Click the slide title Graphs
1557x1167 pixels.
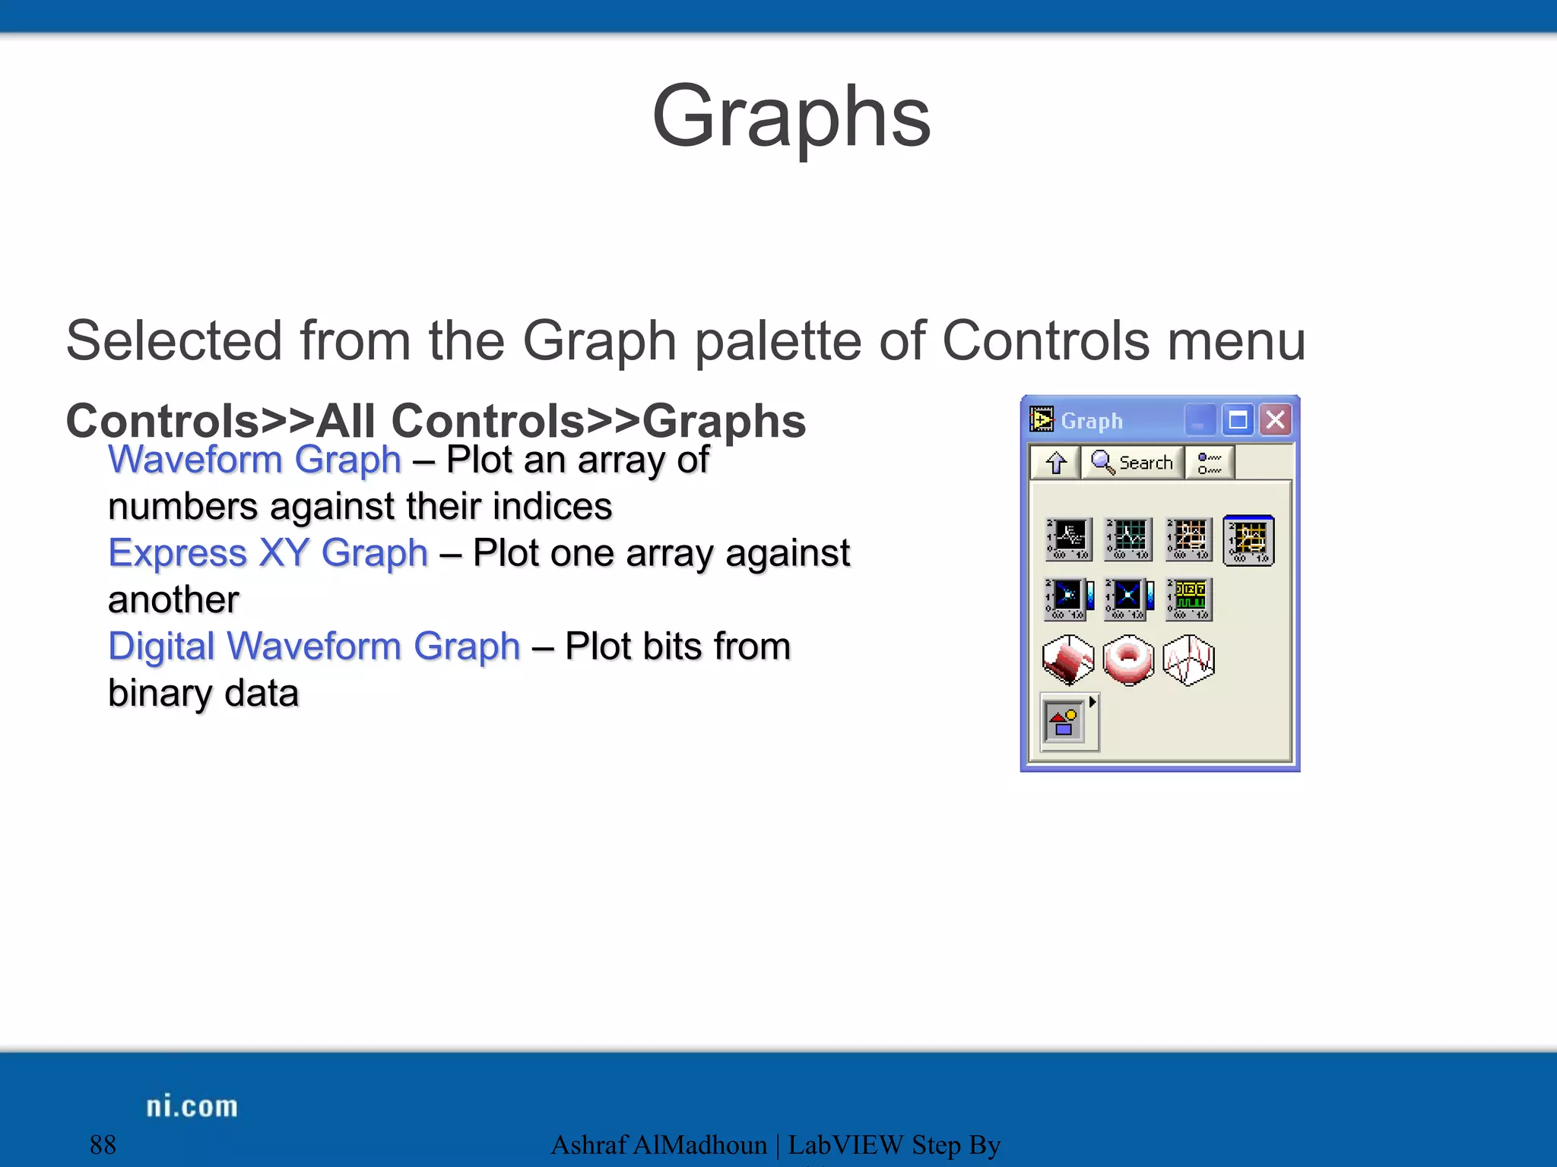[791, 118]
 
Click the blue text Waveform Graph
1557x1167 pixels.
[255, 460]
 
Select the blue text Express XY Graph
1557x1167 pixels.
[268, 553]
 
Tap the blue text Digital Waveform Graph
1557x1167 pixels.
[314, 647]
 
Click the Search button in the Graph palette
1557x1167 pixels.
[1132, 462]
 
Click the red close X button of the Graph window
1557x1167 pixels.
[1276, 419]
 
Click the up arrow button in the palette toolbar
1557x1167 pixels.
[1055, 462]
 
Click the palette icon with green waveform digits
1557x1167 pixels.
[1190, 599]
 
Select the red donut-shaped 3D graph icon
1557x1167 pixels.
[1128, 659]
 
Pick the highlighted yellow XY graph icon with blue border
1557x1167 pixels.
[1249, 540]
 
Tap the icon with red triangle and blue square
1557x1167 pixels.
[1065, 723]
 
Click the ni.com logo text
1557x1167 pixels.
[192, 1106]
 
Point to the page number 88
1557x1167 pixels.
[103, 1144]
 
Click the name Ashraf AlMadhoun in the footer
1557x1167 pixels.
[658, 1144]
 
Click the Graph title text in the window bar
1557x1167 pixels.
[1092, 420]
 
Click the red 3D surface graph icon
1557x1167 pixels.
[1068, 659]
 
